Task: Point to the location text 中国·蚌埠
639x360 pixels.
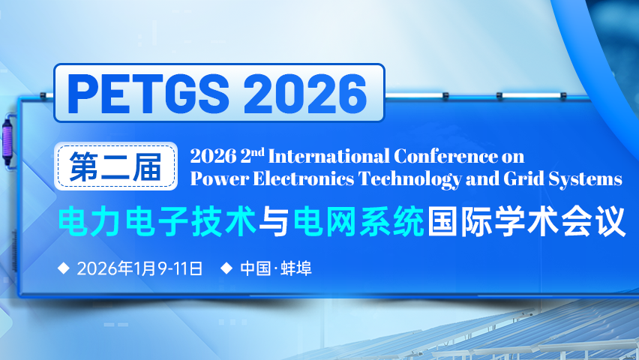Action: tap(276, 268)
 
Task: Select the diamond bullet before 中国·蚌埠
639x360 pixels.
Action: tap(226, 268)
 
